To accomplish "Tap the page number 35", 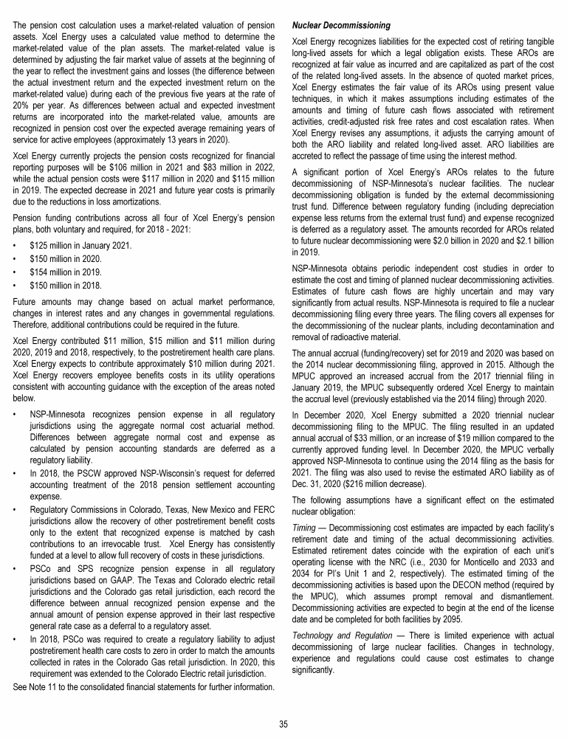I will [x=283, y=723].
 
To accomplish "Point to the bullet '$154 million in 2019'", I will [x=66, y=271].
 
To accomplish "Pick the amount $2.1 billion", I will [x=532, y=241].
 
